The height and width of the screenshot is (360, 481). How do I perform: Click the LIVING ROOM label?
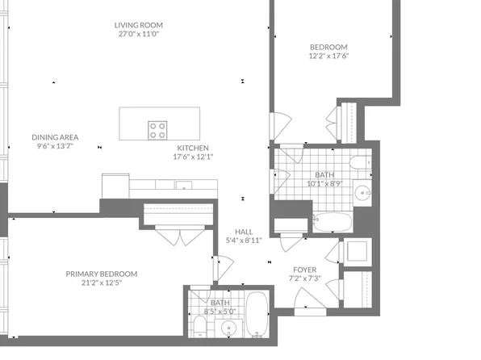[138, 25]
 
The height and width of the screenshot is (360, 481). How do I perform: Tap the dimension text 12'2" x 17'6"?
[328, 56]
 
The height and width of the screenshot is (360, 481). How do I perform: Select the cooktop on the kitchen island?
[157, 130]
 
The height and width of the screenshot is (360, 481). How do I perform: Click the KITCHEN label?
[193, 148]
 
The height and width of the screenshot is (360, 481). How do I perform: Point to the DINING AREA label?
[55, 137]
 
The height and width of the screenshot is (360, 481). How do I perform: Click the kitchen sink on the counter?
[184, 185]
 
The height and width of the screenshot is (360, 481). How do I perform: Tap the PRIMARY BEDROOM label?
[102, 274]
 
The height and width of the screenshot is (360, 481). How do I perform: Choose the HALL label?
[244, 232]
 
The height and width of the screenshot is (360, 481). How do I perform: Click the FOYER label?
[304, 270]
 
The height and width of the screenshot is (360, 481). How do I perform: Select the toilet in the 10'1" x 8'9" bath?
[361, 162]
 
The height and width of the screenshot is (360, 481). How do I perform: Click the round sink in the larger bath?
[362, 193]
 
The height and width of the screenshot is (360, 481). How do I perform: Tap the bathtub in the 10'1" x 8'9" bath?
[333, 222]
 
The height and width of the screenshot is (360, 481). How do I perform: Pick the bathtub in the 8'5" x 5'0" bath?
[257, 314]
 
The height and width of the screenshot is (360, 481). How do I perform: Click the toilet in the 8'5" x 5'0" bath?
[200, 327]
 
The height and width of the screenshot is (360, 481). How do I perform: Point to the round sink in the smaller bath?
[229, 329]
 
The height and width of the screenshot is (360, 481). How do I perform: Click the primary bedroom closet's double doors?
[180, 235]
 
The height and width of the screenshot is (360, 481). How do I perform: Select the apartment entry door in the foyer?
[310, 302]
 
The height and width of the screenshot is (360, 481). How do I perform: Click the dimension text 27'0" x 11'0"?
[139, 34]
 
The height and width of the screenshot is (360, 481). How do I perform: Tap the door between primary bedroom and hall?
[224, 268]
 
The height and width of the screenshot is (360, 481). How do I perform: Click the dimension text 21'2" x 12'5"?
[102, 283]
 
